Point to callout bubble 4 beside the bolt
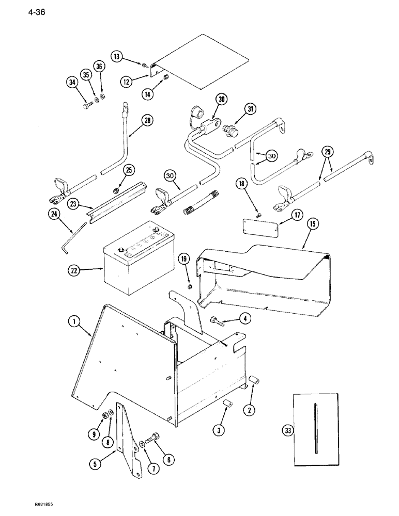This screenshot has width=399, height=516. click(x=247, y=318)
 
